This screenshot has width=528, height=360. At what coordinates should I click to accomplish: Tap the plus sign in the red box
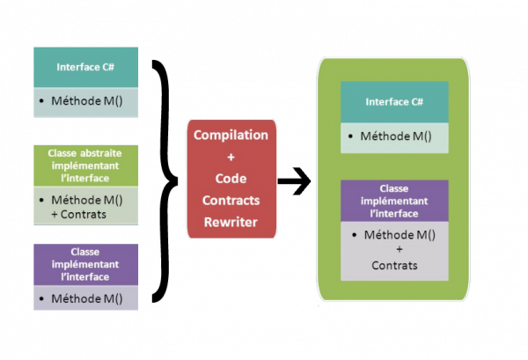pos(231,157)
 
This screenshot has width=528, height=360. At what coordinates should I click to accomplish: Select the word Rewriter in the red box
pos(231,222)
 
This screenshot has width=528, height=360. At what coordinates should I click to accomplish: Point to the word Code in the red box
pos(231,179)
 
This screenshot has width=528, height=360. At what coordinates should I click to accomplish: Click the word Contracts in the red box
pos(231,201)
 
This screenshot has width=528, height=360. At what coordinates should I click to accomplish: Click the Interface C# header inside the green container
pos(394,102)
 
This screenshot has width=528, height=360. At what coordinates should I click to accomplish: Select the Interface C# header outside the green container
pos(85,66)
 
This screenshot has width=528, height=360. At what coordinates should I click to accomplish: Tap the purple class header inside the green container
pos(394,201)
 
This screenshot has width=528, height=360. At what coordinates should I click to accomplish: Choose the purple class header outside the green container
pos(85,264)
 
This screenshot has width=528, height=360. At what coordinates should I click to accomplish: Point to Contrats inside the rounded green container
pos(394,265)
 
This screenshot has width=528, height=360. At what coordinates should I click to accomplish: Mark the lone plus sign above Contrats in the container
pos(394,251)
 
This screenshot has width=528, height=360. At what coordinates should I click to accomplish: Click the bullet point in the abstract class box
pos(43,201)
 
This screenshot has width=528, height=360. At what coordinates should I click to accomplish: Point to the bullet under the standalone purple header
pos(43,298)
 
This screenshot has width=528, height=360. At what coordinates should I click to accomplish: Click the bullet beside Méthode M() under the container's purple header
pos(353,236)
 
